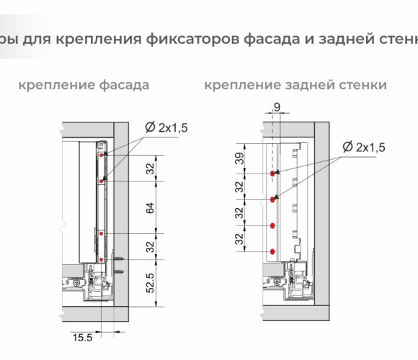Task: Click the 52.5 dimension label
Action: tap(151, 283)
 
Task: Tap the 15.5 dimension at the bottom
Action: tap(82, 338)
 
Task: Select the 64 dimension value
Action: tap(151, 208)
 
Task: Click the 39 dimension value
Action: tap(240, 158)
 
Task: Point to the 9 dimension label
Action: tap(277, 107)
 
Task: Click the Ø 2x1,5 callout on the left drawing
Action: tap(166, 127)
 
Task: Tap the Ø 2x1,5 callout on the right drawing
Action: tap(364, 147)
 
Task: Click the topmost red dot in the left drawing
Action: tap(102, 155)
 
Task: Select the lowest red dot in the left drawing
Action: tap(102, 260)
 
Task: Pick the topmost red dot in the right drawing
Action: tap(272, 174)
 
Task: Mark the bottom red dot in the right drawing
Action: tap(272, 251)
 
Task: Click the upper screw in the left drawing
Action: tap(119, 258)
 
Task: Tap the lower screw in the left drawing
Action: tap(119, 271)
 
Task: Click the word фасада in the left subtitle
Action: tap(124, 86)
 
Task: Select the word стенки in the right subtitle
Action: tap(363, 86)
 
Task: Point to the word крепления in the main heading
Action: tap(99, 40)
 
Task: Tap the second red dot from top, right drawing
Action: tap(272, 199)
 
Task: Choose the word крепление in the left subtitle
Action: tap(57, 86)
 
